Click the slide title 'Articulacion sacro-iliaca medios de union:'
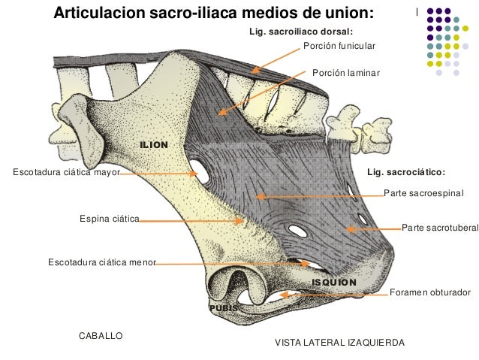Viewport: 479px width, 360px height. point(212,14)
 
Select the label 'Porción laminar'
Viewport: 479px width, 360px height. point(346,73)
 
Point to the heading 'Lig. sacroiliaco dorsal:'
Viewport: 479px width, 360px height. point(300,32)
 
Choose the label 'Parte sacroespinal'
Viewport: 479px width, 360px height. point(424,193)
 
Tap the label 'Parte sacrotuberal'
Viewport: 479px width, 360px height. point(440,226)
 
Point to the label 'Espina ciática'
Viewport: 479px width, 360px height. point(110,219)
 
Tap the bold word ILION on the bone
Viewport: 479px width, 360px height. point(154,143)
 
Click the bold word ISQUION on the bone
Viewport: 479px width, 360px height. point(334,282)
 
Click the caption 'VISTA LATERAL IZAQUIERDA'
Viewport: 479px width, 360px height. point(340,342)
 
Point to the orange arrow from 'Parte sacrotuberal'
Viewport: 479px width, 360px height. point(375,227)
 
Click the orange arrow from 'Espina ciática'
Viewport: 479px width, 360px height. point(191,221)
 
